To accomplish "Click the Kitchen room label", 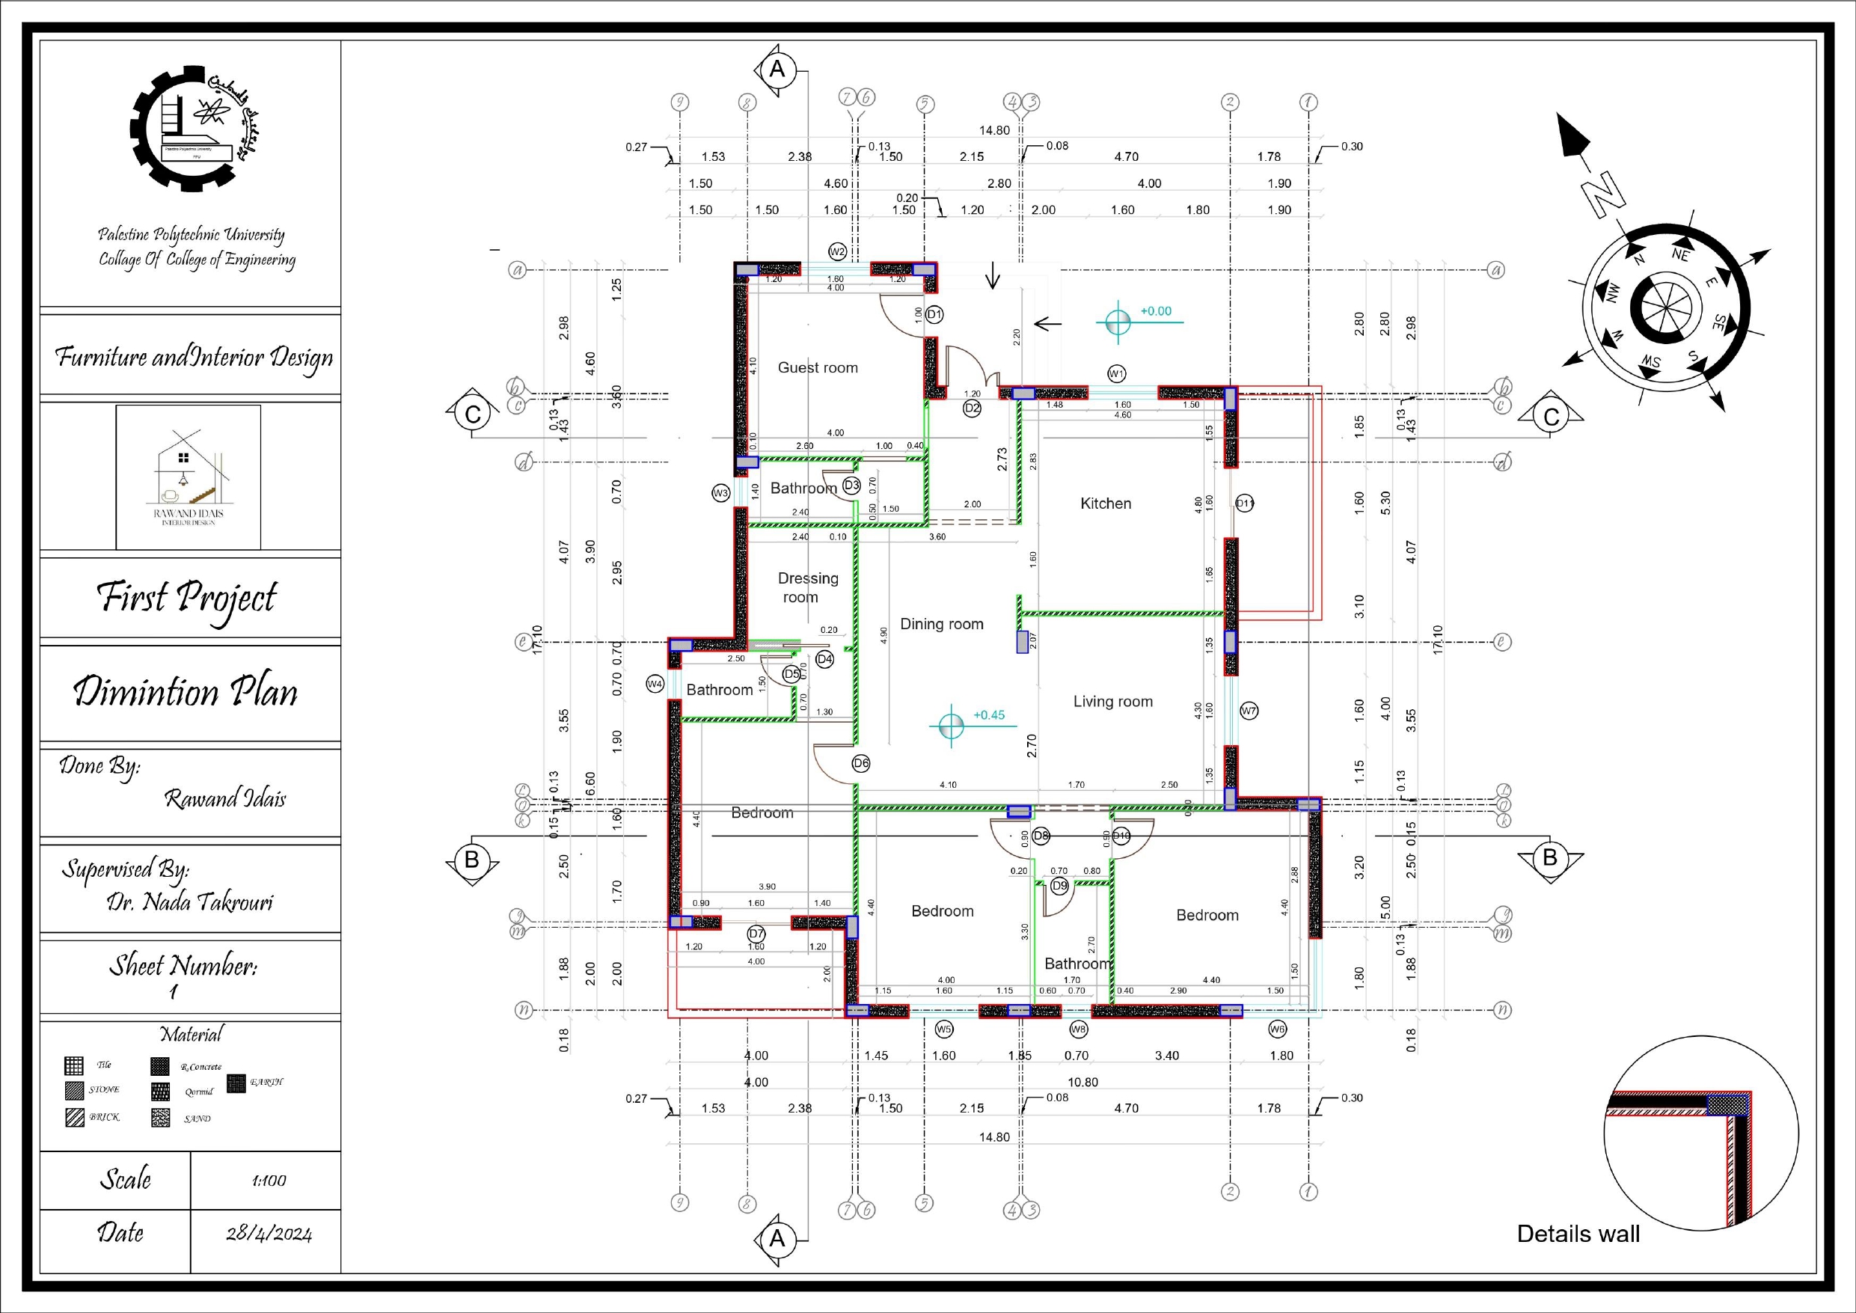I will click(x=1105, y=504).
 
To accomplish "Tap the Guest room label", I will click(x=817, y=368).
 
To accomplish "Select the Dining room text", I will click(x=942, y=624).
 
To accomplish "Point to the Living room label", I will click(x=1112, y=702).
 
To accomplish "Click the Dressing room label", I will click(x=806, y=588).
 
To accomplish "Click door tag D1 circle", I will click(x=934, y=313).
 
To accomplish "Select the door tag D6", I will click(x=861, y=763).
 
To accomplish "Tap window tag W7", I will click(x=1249, y=711).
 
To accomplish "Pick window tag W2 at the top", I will click(x=837, y=251).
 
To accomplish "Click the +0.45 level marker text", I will click(x=989, y=715).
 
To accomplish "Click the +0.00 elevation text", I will click(x=1155, y=311).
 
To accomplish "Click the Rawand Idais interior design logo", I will click(x=188, y=478).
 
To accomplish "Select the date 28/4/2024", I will click(x=269, y=1234).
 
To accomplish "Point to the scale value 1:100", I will click(x=269, y=1181).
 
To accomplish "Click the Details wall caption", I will click(x=1578, y=1234).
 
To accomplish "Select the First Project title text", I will click(x=188, y=599).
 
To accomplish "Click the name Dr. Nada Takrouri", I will click(x=190, y=902).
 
